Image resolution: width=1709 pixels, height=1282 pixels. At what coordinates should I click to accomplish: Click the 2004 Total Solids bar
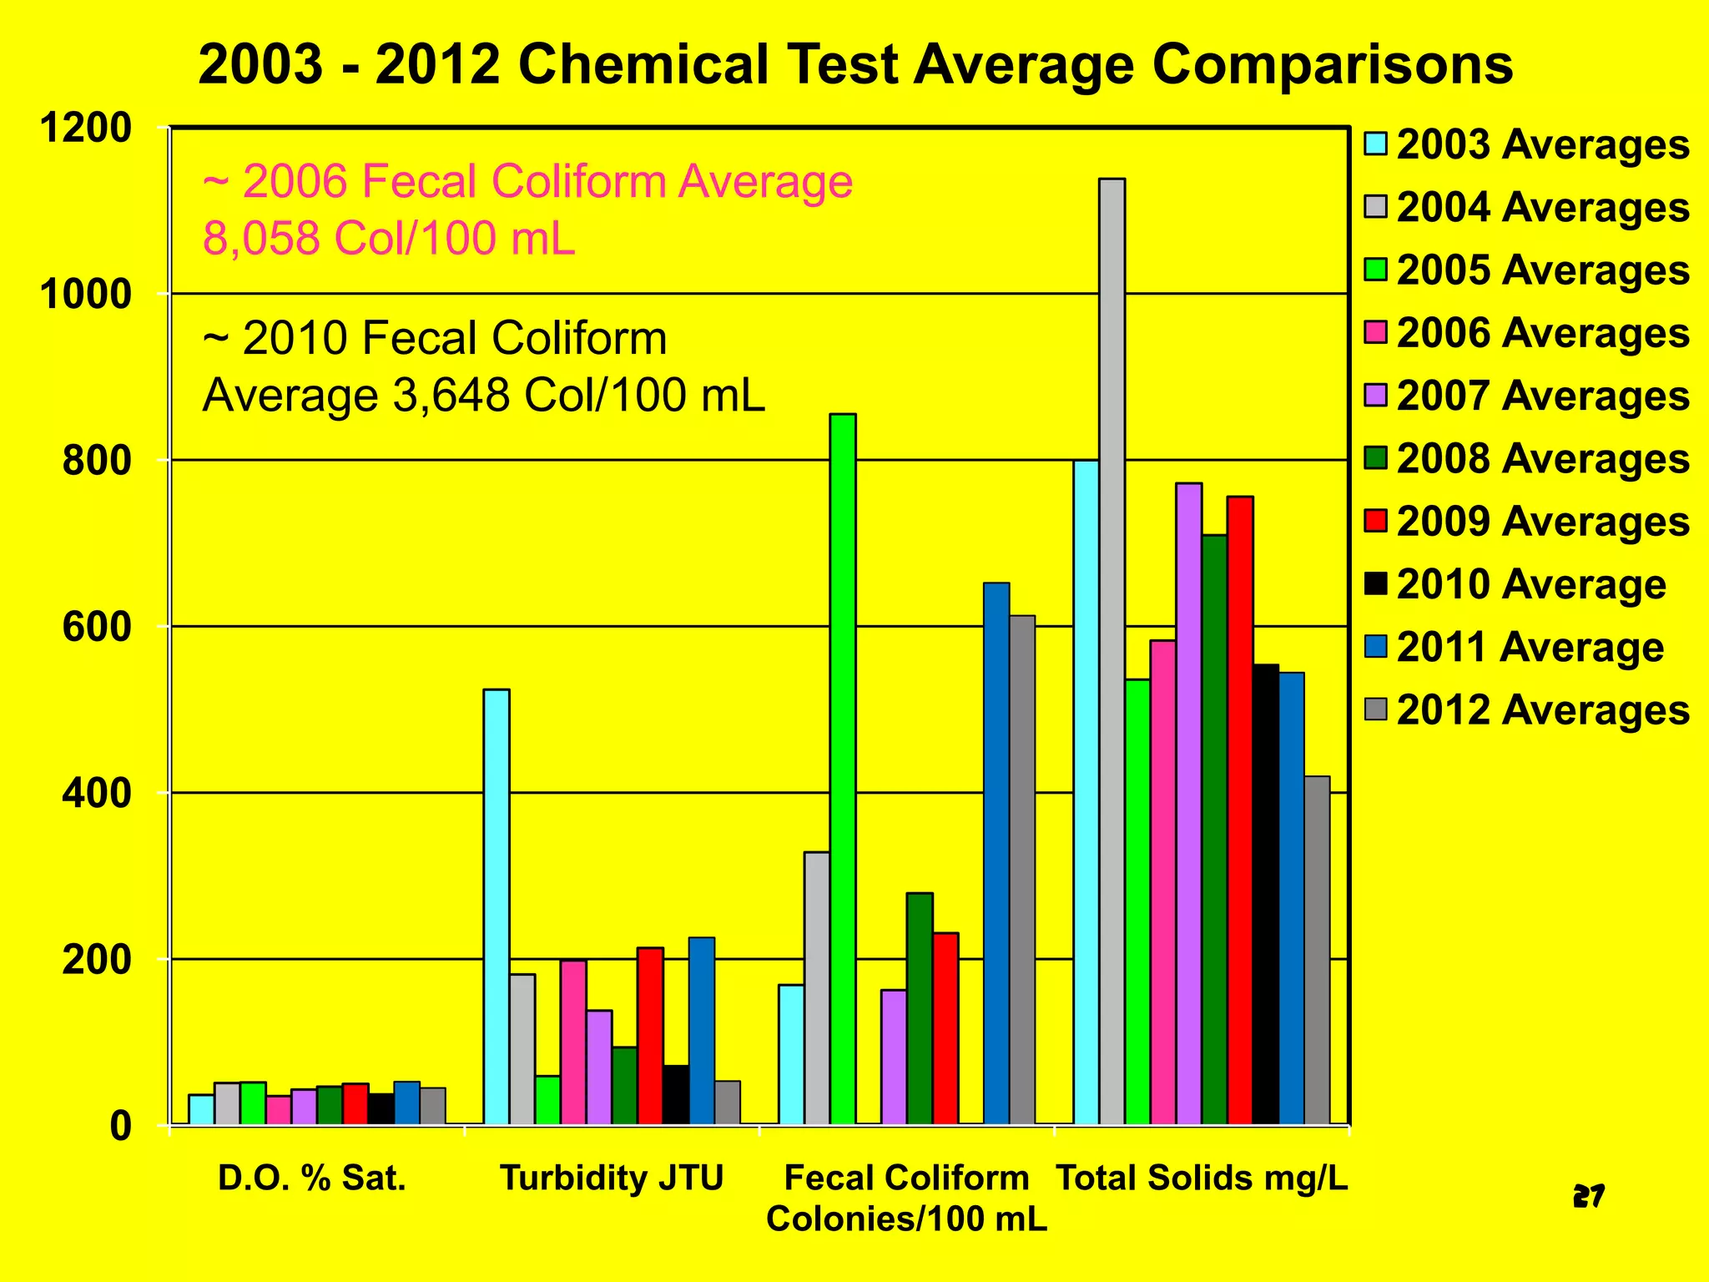click(1112, 651)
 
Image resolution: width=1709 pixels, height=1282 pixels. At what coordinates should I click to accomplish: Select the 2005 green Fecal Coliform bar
click(843, 768)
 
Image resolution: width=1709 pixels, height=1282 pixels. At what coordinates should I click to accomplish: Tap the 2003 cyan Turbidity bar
click(497, 906)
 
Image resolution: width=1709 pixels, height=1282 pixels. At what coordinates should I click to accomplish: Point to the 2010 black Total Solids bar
click(1266, 894)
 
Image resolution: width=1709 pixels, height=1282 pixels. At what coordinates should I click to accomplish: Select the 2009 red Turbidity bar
click(650, 1036)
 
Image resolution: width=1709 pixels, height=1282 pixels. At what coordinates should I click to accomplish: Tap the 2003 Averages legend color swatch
click(1376, 144)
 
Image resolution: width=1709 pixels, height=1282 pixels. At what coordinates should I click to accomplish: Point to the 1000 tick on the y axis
click(85, 294)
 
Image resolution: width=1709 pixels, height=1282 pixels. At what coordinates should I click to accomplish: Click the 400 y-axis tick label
click(97, 793)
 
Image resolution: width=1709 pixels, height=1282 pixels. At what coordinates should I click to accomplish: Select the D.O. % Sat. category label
click(312, 1179)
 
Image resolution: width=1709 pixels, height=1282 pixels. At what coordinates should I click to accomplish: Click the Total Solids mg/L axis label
click(1202, 1179)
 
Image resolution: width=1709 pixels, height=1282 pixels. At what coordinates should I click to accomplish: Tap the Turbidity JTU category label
click(612, 1179)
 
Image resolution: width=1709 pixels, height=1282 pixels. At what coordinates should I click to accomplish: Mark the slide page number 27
click(1588, 1197)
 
